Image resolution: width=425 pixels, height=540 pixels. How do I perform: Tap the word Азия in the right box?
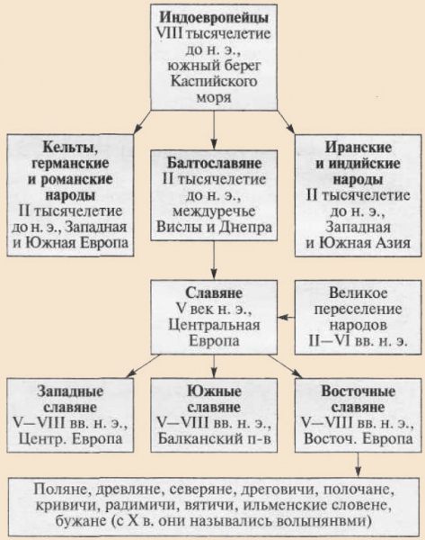coord(388,244)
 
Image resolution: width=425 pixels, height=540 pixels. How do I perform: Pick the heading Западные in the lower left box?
coord(69,391)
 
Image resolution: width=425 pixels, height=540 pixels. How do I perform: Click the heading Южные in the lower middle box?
coord(213,391)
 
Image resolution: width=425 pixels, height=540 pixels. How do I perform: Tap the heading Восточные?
coord(359,391)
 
